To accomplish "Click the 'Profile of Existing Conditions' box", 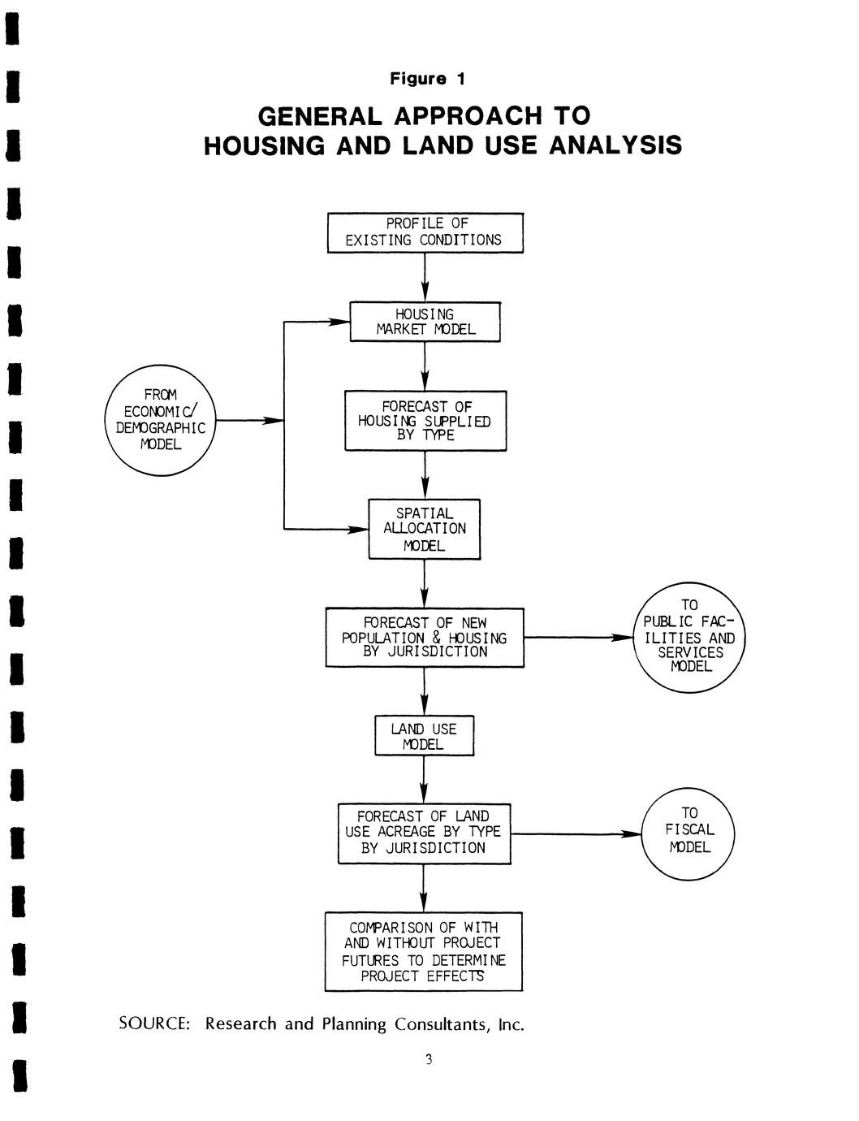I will pyautogui.click(x=425, y=232).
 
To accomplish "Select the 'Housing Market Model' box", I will pyautogui.click(x=425, y=322).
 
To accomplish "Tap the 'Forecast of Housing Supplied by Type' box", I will pyautogui.click(x=425, y=421).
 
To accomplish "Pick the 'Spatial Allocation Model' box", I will pyautogui.click(x=425, y=529).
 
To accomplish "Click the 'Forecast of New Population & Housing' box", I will pyautogui.click(x=425, y=638).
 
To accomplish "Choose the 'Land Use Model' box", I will pyautogui.click(x=424, y=736).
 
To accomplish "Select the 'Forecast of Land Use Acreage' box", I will pyautogui.click(x=424, y=833).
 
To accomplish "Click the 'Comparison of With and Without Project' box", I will pyautogui.click(x=423, y=951).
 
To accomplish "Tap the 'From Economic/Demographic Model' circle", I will pyautogui.click(x=161, y=421).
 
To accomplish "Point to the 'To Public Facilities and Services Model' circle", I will pyautogui.click(x=689, y=638).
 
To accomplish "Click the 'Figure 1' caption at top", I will pyautogui.click(x=428, y=79).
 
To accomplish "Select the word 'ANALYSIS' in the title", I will pyautogui.click(x=615, y=145).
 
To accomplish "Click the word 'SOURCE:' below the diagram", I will pyautogui.click(x=154, y=1024).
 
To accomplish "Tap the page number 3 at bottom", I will pyautogui.click(x=429, y=1059).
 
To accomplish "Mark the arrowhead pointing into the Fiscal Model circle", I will pyautogui.click(x=632, y=834).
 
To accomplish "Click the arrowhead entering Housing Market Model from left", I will pyautogui.click(x=340, y=322).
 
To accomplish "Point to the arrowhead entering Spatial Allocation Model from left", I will pyautogui.click(x=359, y=530).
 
